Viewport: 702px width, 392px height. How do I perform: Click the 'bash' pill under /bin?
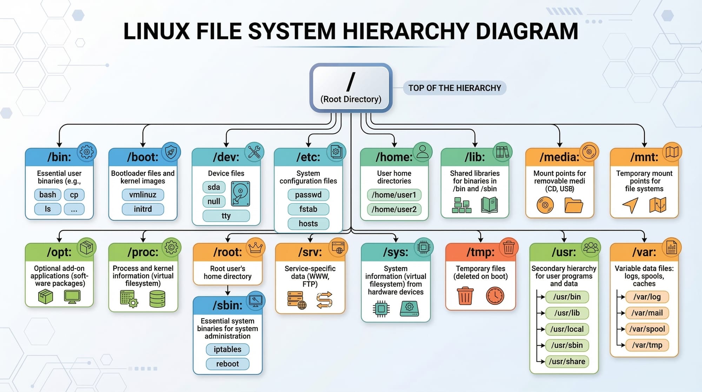[x=48, y=195]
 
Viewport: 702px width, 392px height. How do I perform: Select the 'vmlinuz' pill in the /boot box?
[x=143, y=195]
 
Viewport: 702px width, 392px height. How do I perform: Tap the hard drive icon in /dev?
[x=240, y=194]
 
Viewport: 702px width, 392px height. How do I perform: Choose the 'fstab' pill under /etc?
[x=308, y=209]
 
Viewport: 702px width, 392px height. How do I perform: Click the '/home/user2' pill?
[x=394, y=209]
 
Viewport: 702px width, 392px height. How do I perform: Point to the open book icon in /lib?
[x=490, y=205]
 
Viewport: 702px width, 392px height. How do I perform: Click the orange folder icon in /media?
[x=574, y=205]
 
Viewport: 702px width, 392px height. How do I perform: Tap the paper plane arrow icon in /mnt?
[x=630, y=205]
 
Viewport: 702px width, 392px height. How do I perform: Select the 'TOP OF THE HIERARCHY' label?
[x=455, y=88]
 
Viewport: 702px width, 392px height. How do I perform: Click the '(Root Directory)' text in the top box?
[x=351, y=99]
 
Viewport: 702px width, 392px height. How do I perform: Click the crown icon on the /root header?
[x=256, y=248]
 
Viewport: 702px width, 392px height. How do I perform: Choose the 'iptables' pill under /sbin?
[x=227, y=349]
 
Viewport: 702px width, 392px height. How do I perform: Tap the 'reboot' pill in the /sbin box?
[x=227, y=364]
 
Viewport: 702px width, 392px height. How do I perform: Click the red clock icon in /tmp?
[x=495, y=295]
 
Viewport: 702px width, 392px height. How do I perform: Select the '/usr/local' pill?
[x=567, y=329]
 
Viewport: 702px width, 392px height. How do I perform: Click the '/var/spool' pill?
[x=647, y=329]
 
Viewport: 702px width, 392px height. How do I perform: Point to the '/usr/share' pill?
[x=567, y=361]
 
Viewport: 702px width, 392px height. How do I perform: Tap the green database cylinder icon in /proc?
[x=157, y=299]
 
